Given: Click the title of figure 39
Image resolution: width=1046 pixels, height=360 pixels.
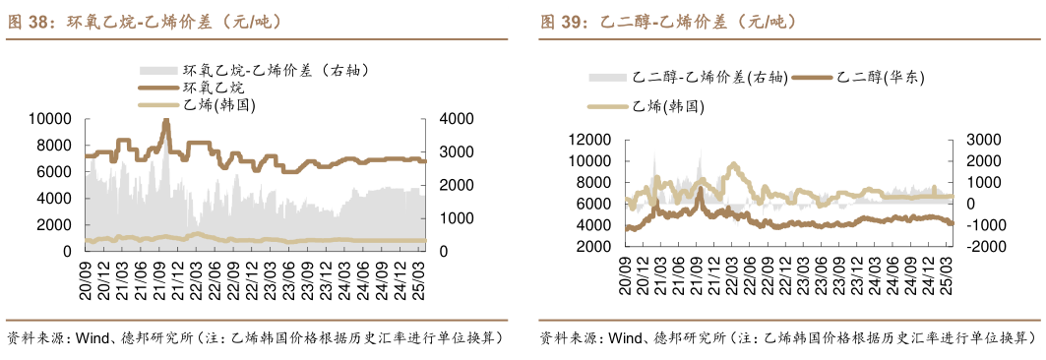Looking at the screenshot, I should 669,21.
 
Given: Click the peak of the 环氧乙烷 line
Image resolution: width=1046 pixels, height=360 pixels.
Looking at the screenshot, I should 166,121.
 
